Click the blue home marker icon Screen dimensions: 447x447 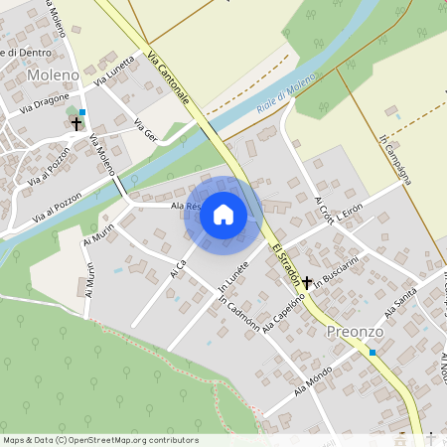pos(223,214)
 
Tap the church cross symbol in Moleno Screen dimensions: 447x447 pos(75,124)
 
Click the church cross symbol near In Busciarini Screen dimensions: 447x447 pos(308,282)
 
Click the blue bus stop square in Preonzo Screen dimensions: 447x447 pos(372,352)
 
